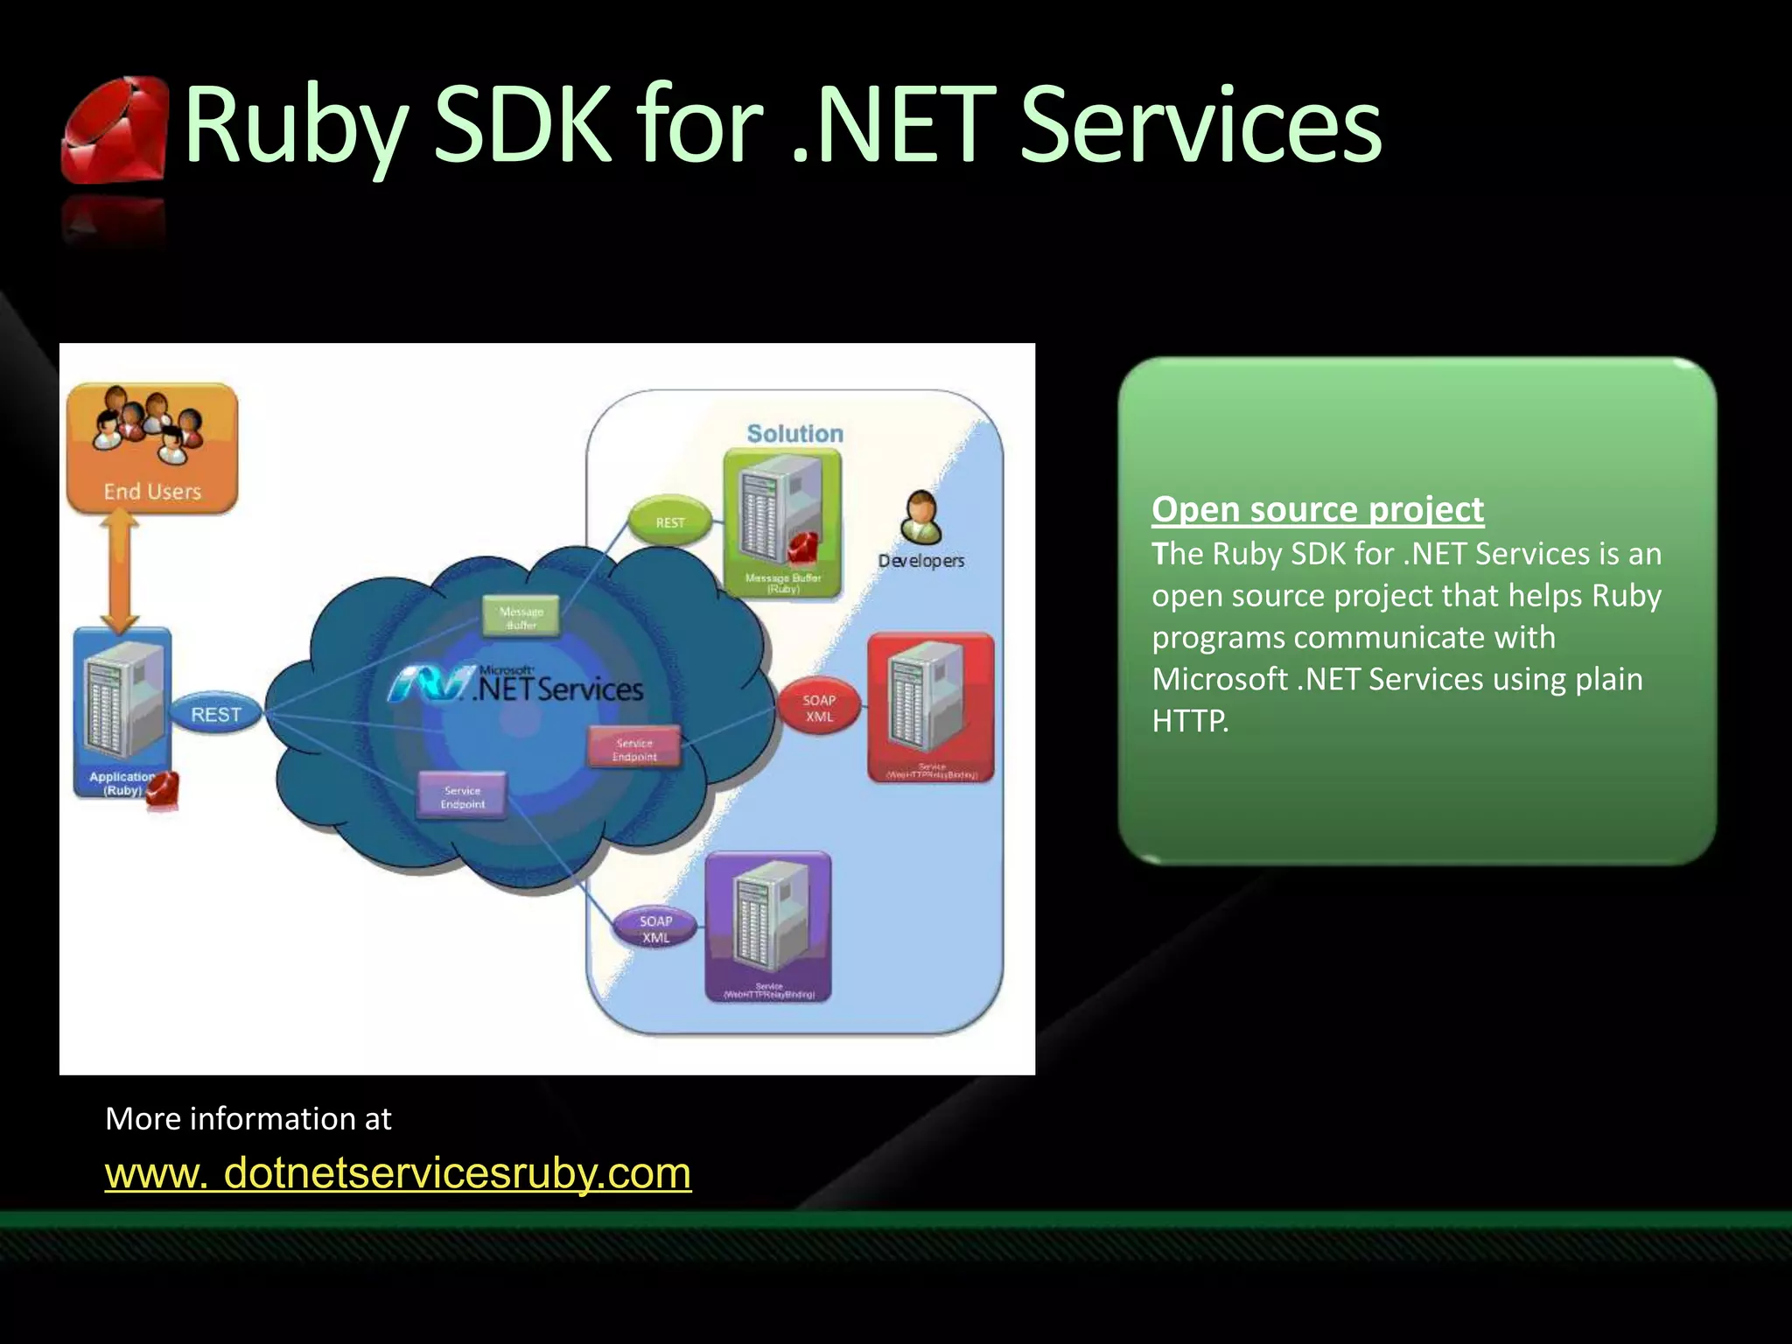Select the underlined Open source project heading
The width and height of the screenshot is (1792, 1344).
(x=1317, y=509)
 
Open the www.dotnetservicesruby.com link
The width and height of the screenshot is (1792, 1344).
(x=398, y=1172)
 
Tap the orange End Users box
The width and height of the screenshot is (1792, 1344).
(x=152, y=448)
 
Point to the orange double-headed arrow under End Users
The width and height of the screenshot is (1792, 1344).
(x=121, y=571)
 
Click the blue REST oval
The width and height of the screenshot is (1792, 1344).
(x=215, y=714)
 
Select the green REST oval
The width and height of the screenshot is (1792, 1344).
(x=670, y=521)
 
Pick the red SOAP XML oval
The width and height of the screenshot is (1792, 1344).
(x=819, y=708)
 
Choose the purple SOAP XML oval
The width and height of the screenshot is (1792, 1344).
(x=655, y=928)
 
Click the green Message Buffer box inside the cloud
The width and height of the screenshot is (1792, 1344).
(x=521, y=617)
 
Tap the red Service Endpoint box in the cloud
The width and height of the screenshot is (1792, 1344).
(x=634, y=749)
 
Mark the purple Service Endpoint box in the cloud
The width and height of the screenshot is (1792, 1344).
(x=462, y=796)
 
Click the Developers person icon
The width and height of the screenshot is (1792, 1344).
(x=920, y=518)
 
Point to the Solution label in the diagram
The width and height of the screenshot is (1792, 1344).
(x=794, y=433)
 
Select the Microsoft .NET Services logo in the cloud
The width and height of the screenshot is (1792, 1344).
(x=516, y=684)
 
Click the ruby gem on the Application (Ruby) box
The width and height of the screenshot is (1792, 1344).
(x=162, y=789)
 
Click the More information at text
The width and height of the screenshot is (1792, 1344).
(x=248, y=1118)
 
